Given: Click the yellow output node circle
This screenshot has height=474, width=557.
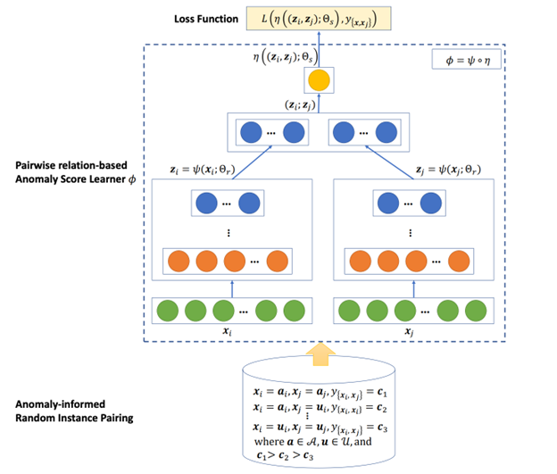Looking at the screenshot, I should point(319,83).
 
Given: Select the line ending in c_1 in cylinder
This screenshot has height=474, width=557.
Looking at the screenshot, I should point(318,392).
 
